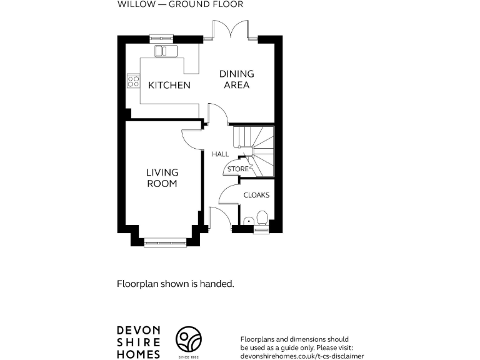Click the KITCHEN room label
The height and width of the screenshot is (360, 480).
[x=169, y=85]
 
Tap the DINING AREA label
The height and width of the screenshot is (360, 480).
[x=236, y=79]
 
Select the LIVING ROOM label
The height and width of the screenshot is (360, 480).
[x=162, y=177]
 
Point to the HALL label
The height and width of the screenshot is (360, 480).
[x=220, y=154]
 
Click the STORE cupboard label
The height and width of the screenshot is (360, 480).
[x=237, y=169]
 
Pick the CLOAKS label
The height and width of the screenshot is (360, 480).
[x=256, y=195]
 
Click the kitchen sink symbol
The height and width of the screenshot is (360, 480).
[x=164, y=49]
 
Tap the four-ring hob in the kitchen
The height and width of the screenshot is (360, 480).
[x=132, y=80]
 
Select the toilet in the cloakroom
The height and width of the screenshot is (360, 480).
[x=262, y=218]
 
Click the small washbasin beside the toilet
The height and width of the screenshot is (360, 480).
[x=249, y=221]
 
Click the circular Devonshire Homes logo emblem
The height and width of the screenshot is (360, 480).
[x=187, y=341]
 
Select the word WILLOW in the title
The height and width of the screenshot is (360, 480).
[x=133, y=4]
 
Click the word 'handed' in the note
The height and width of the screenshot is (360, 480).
[x=218, y=283]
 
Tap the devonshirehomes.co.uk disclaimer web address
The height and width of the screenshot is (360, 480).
[x=302, y=355]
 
